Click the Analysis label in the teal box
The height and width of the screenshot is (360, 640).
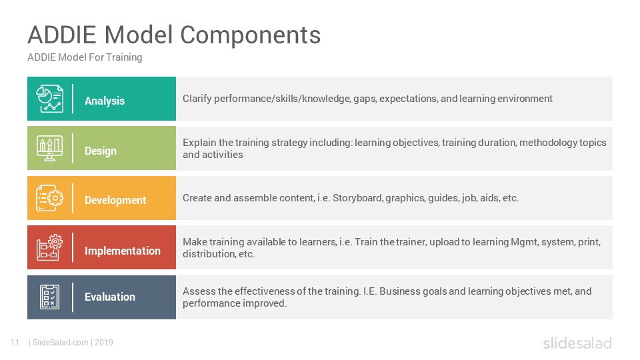[x=105, y=101]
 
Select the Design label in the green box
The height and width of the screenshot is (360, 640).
[x=101, y=151]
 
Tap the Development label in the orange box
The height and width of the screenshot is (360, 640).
[x=115, y=201]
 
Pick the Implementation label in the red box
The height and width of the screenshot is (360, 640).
[x=123, y=251]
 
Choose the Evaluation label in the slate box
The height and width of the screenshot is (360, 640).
[x=110, y=297]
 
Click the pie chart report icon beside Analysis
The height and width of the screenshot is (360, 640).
[x=49, y=99]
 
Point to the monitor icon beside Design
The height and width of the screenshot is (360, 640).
[x=49, y=148]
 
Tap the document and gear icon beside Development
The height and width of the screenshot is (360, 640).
[x=49, y=198]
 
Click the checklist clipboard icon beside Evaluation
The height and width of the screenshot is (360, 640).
[x=50, y=297]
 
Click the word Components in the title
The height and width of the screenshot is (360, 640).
[x=250, y=35]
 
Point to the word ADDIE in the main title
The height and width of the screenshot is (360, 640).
[x=61, y=35]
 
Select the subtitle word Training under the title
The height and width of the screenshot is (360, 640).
[x=124, y=57]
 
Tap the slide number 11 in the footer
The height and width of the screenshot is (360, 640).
[x=15, y=343]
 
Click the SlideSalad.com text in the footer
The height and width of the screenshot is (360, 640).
[x=61, y=343]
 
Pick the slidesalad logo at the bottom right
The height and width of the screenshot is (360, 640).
[x=577, y=343]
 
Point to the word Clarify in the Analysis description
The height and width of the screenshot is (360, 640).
[x=197, y=99]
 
